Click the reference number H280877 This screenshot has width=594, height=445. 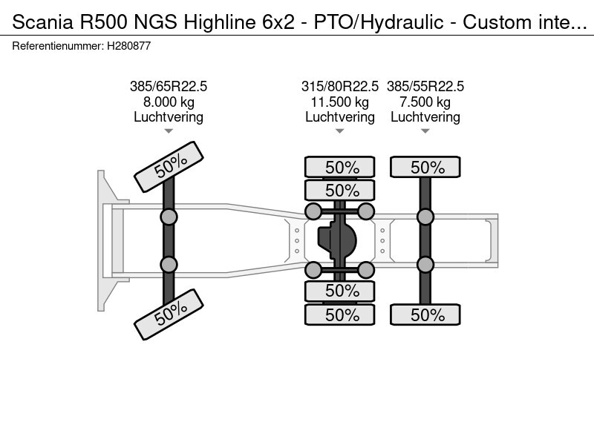point(128,46)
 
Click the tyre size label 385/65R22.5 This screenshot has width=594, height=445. point(169,86)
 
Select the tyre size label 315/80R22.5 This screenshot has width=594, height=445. point(340,86)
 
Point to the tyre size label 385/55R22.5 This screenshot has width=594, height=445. point(425,86)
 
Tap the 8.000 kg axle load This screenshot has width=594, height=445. point(169,102)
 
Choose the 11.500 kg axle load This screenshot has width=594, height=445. point(340,102)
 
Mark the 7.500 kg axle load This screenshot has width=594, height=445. point(425,102)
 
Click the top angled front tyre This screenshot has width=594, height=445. point(169,167)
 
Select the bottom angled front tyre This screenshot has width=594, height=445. point(169,314)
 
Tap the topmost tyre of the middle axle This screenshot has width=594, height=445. point(340,167)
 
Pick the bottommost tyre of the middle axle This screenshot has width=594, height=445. point(340,314)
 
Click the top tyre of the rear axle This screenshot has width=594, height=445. point(425,167)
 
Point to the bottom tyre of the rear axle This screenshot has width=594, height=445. point(425,314)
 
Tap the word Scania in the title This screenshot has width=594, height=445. point(43,22)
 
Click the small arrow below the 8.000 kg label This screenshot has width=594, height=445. point(169,131)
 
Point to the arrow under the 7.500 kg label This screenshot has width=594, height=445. point(425,131)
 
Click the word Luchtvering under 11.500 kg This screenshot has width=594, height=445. point(340,117)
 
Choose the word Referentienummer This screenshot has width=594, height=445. point(58,46)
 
